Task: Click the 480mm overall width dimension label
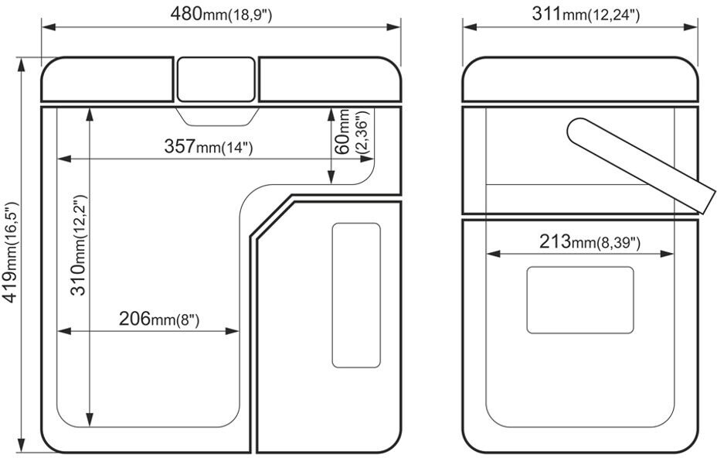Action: [221, 14]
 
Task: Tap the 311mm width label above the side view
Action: [586, 14]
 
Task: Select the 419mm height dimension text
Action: [11, 252]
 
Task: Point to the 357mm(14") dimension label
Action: [208, 146]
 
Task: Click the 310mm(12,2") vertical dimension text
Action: [79, 245]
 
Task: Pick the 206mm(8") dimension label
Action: [159, 318]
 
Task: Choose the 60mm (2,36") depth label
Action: [351, 132]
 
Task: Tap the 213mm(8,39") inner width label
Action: [590, 241]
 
